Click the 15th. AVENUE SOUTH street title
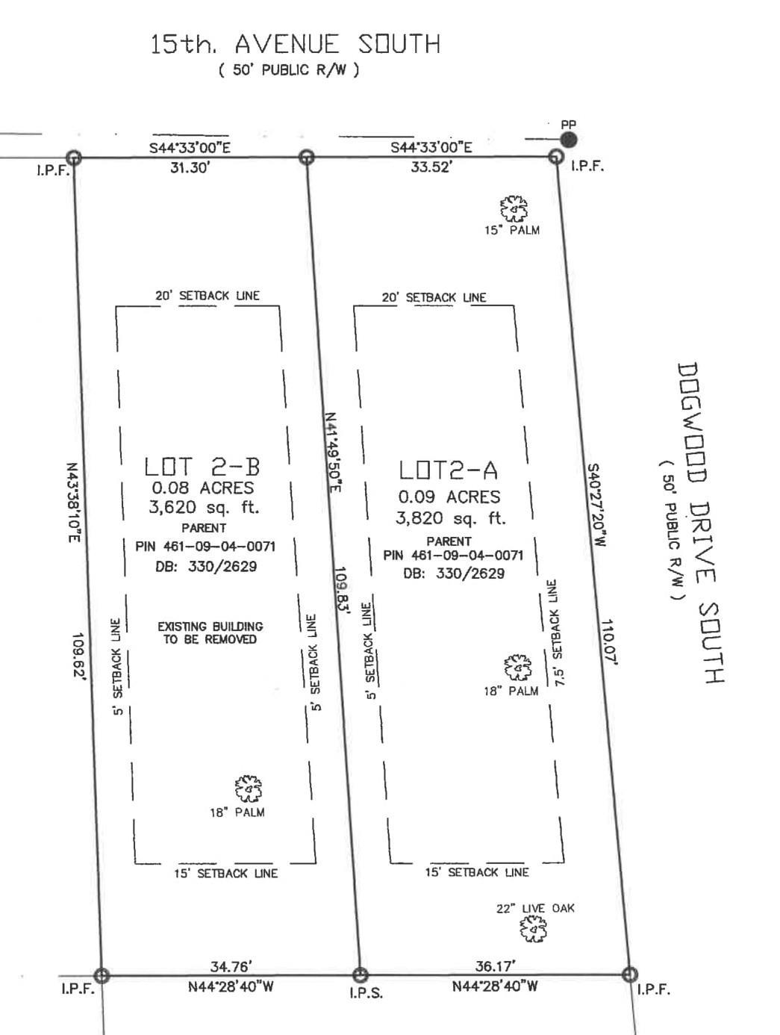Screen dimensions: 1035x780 (295, 45)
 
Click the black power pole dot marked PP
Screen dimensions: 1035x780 (569, 140)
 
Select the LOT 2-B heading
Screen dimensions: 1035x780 (202, 467)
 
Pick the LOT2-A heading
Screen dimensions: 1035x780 (448, 470)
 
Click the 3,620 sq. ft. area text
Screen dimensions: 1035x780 (203, 508)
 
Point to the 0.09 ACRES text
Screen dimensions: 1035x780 (449, 497)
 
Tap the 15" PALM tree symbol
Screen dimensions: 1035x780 (514, 209)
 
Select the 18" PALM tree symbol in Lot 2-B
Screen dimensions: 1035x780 (248, 789)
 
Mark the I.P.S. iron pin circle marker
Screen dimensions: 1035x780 (361, 975)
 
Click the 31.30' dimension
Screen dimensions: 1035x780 (190, 168)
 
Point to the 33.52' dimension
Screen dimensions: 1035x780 (431, 167)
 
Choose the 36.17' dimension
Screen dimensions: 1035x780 (495, 967)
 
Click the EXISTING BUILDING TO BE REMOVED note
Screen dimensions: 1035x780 (210, 632)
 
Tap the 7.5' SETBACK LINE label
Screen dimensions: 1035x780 (555, 633)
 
